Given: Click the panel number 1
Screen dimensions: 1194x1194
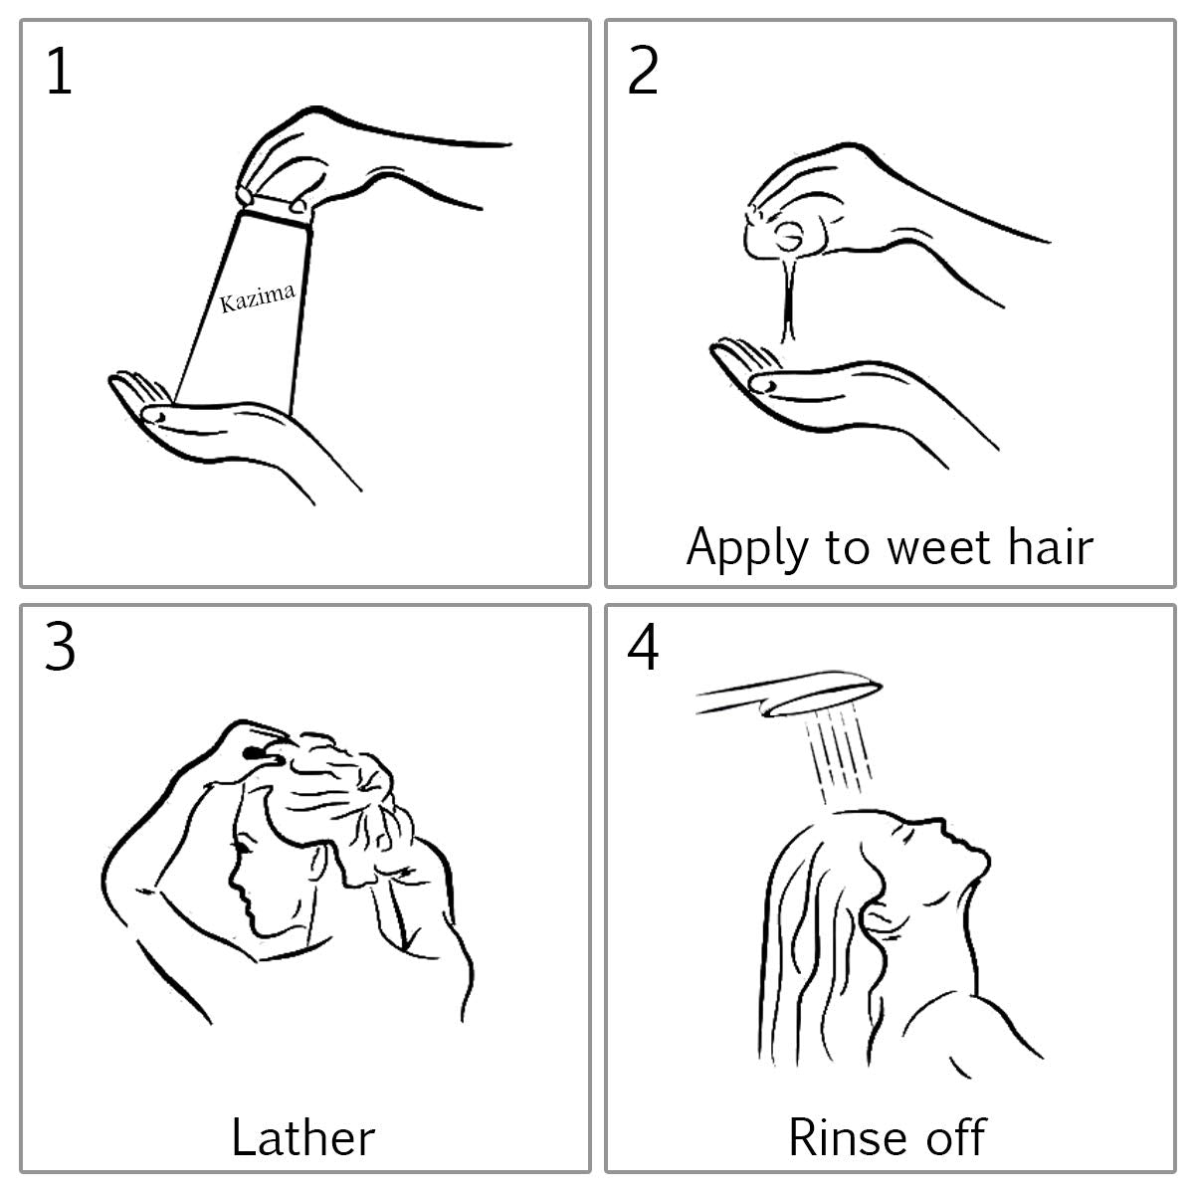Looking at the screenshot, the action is (x=60, y=72).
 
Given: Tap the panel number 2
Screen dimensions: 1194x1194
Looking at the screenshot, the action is (x=643, y=72).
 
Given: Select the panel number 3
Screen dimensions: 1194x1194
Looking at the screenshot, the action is (x=60, y=648).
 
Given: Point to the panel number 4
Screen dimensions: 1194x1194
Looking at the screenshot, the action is (x=643, y=648).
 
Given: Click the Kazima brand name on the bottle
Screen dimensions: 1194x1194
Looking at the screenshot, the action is (x=257, y=298).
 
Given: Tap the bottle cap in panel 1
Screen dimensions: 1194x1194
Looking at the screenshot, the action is (x=273, y=205).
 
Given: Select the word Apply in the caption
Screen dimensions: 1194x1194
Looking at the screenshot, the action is (x=747, y=549).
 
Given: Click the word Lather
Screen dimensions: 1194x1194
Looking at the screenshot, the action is (x=303, y=1137).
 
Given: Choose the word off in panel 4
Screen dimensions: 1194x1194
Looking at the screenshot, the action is (x=955, y=1136).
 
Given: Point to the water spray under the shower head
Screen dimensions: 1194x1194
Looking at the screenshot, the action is (x=838, y=754).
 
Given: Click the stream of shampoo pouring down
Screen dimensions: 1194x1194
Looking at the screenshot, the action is (x=789, y=298).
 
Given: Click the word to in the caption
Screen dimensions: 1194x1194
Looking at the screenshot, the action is (x=848, y=547).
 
